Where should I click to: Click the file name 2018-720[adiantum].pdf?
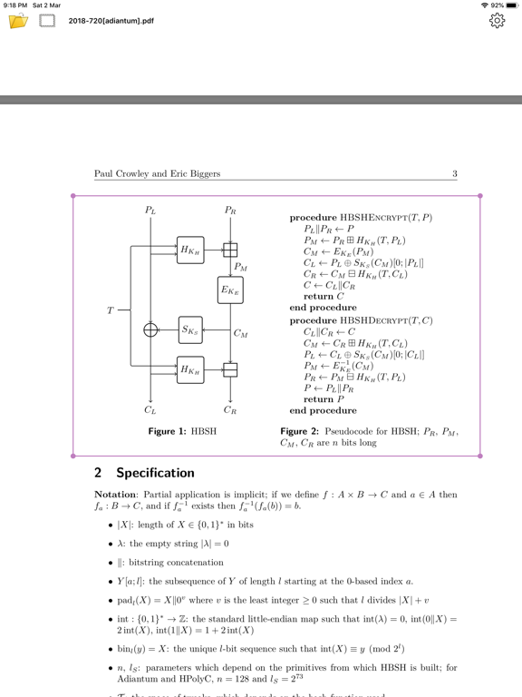[x=111, y=21]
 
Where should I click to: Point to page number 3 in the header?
[x=455, y=173]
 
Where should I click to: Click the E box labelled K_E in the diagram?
[x=230, y=290]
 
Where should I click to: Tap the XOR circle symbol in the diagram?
[x=150, y=329]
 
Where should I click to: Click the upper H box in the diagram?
[x=190, y=250]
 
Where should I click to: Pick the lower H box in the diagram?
[x=190, y=369]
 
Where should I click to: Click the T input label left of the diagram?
[x=111, y=310]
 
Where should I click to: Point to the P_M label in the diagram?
[x=240, y=267]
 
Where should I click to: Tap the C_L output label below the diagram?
[x=150, y=410]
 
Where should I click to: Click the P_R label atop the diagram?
[x=230, y=211]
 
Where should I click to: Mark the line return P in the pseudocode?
[x=323, y=399]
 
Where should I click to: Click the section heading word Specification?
[x=154, y=473]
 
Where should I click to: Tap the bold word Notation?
[x=120, y=496]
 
